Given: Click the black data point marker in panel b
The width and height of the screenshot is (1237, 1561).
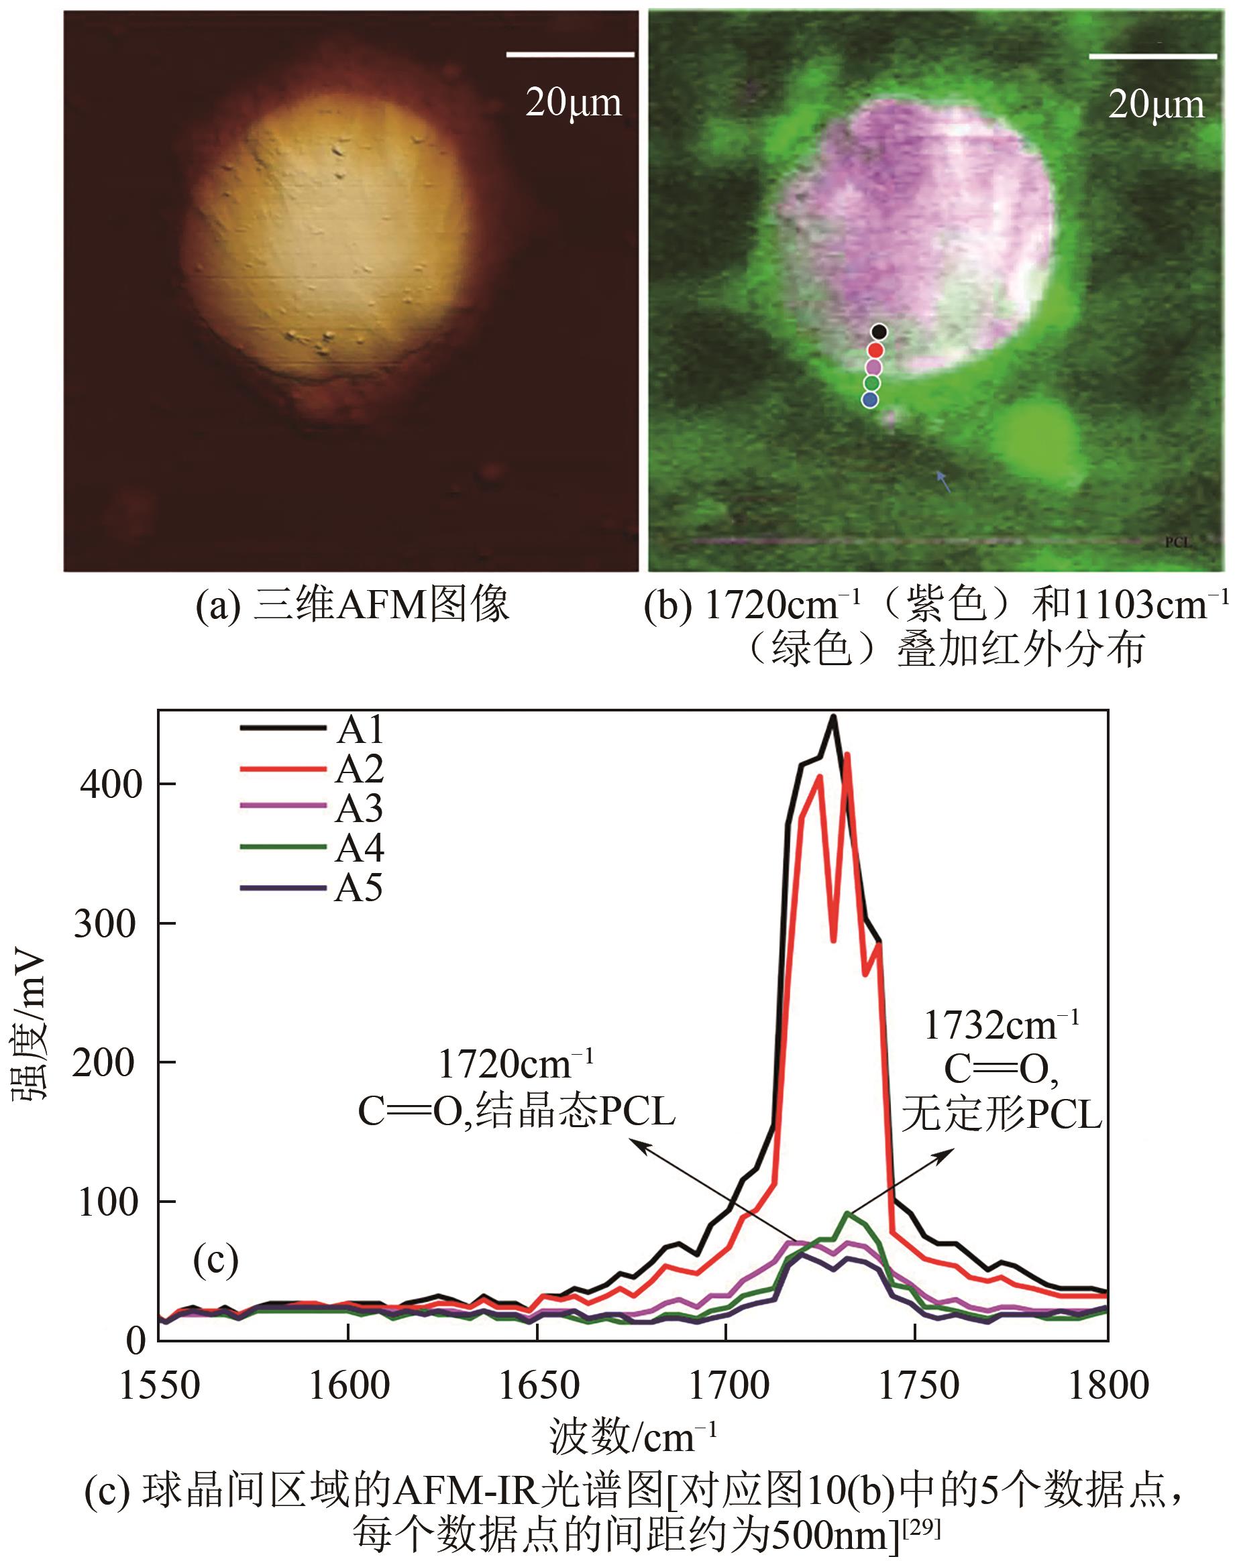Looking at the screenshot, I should click(879, 332).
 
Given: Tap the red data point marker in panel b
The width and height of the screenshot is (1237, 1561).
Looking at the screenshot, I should click(875, 351).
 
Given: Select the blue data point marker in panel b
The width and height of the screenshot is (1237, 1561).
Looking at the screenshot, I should click(870, 399).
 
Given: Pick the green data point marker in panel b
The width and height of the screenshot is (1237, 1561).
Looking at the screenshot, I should click(872, 382).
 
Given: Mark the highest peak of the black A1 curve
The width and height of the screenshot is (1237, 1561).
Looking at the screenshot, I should click(834, 717).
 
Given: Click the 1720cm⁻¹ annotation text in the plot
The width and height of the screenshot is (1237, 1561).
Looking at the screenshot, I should click(517, 1064).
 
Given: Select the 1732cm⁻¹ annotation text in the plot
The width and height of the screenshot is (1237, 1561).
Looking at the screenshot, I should click(1002, 1025).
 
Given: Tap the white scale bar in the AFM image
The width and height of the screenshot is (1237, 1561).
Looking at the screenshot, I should click(570, 54).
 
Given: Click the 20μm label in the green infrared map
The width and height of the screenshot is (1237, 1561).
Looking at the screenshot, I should click(1156, 105).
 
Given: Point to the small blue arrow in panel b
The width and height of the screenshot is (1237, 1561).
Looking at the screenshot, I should click(943, 481).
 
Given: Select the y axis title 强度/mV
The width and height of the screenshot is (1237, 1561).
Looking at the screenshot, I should click(30, 1028).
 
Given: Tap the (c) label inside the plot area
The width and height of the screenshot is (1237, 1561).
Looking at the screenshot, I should click(216, 1260).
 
